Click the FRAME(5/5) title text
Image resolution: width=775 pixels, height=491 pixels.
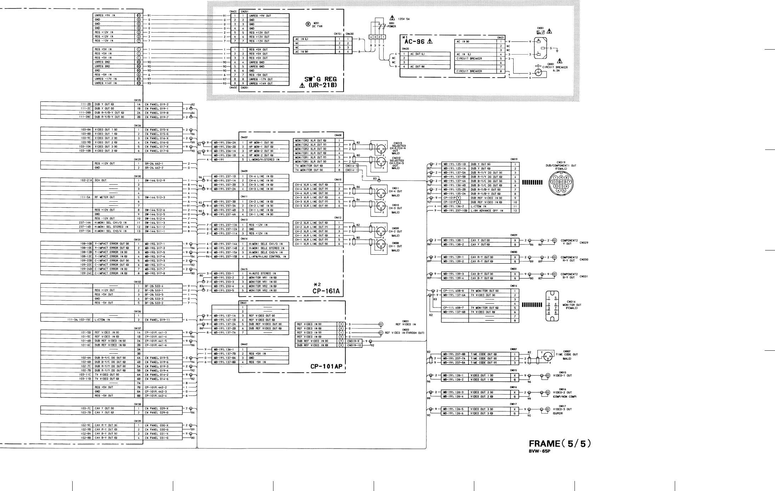pyautogui.click(x=560, y=444)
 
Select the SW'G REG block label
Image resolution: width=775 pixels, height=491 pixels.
pyautogui.click(x=321, y=79)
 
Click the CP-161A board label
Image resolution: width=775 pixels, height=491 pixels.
pyautogui.click(x=326, y=291)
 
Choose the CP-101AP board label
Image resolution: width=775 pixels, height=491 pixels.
pyautogui.click(x=326, y=366)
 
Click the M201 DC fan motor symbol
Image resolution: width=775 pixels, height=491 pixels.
pyautogui.click(x=308, y=24)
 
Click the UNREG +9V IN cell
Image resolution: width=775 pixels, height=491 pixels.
pyautogui.click(x=114, y=16)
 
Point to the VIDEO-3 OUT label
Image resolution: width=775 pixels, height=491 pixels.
pyautogui.click(x=562, y=409)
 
